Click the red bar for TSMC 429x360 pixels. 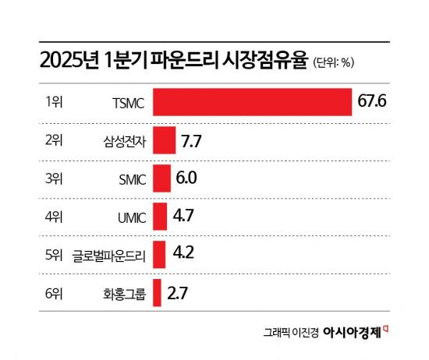click(x=252, y=102)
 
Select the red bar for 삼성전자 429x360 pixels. click(x=164, y=141)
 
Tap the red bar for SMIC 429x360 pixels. click(x=161, y=178)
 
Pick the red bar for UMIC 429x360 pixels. click(x=160, y=216)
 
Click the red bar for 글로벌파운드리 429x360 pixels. click(x=159, y=254)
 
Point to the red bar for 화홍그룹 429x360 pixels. click(x=157, y=293)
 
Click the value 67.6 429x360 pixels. click(x=372, y=102)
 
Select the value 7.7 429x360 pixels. click(x=192, y=141)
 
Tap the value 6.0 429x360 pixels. click(x=186, y=178)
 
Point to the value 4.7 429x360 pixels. click(x=183, y=216)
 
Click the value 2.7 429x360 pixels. click(x=177, y=293)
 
